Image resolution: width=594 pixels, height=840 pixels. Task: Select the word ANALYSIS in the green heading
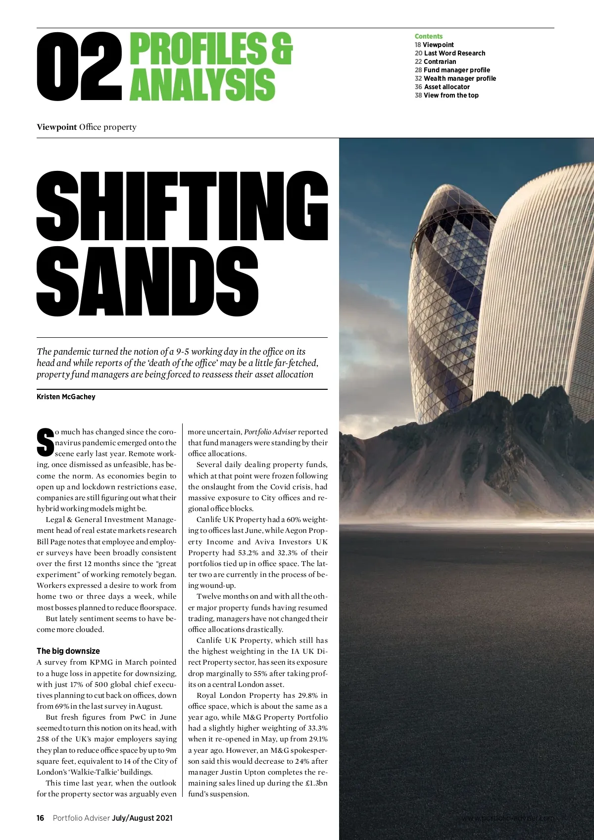point(202,84)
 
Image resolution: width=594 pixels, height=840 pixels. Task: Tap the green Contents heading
point(429,36)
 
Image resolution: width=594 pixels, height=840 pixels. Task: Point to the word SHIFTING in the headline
point(182,206)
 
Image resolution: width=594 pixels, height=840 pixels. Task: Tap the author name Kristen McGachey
point(66,397)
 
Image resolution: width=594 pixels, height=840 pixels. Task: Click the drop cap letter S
point(45,442)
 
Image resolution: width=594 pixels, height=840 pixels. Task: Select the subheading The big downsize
point(68,651)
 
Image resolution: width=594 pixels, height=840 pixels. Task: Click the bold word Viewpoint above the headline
point(56,127)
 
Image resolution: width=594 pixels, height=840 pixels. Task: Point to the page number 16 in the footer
point(41,818)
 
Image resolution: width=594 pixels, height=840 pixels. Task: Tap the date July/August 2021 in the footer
point(142,818)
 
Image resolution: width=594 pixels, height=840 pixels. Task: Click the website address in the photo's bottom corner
point(508,818)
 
